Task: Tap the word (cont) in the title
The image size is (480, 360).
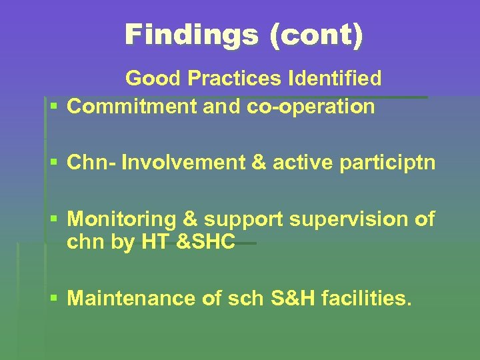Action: pos(316,35)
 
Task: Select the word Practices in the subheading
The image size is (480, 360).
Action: pos(237,79)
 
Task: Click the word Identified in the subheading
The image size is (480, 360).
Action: pos(335,79)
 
